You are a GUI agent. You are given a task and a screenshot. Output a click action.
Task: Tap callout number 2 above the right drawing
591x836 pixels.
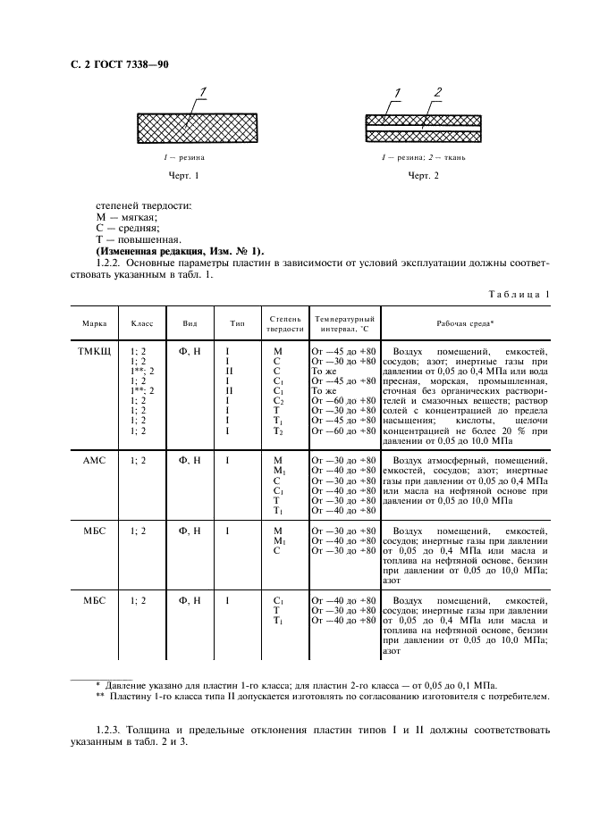point(438,92)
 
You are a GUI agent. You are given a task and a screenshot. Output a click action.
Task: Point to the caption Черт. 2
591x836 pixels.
point(424,176)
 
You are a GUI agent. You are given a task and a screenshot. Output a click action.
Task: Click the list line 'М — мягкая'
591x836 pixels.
point(126,217)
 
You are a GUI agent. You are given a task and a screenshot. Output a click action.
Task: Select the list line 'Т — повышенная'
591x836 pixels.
point(138,239)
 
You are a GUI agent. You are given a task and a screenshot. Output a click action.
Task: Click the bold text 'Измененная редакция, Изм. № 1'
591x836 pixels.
point(179,251)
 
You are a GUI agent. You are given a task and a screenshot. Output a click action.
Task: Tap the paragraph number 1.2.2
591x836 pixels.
point(111,263)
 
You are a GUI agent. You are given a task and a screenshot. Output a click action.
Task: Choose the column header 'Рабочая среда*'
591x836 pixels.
point(465,322)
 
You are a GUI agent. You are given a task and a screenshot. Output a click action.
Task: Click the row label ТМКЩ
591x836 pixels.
point(94,352)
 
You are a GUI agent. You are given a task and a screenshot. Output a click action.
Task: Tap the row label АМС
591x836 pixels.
point(94,460)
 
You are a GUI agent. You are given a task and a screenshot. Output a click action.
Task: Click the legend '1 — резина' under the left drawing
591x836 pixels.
point(180,157)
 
